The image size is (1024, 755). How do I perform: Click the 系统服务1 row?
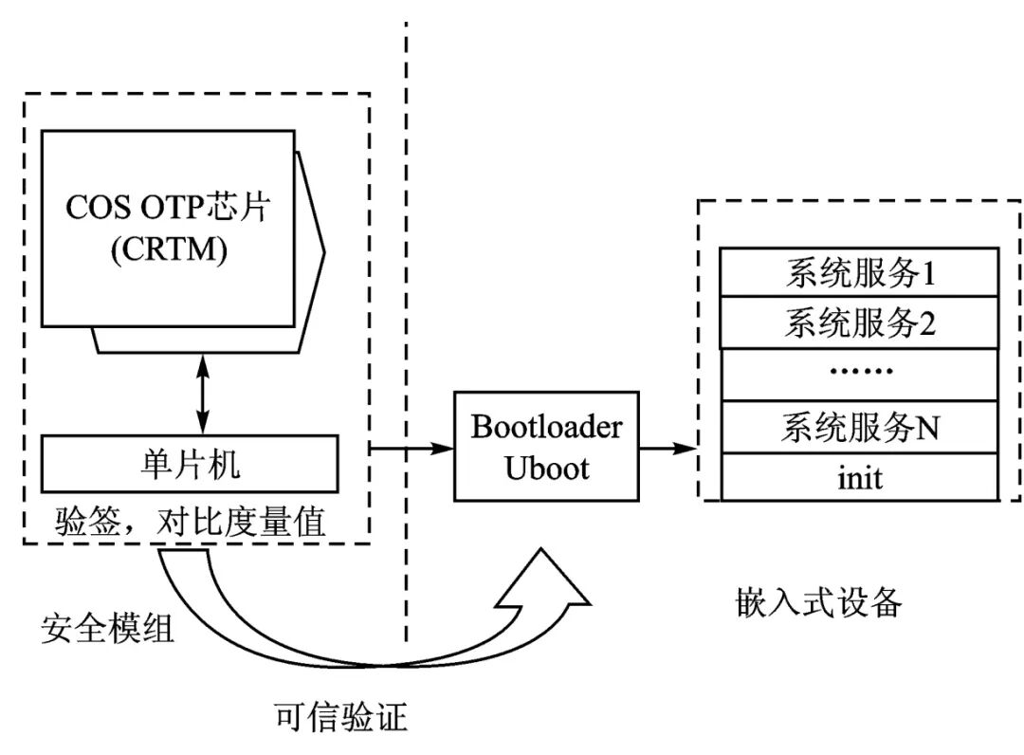coord(859,273)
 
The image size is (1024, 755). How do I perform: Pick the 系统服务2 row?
coord(859,323)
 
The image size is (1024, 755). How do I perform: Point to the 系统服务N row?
coord(859,427)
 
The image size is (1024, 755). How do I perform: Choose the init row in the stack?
coord(859,477)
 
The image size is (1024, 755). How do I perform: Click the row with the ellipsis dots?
coord(859,375)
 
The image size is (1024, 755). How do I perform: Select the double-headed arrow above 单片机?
coord(200,393)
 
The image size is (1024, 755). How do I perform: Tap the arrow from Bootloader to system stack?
coord(667,446)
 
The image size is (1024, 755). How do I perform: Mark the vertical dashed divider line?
coord(407,285)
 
